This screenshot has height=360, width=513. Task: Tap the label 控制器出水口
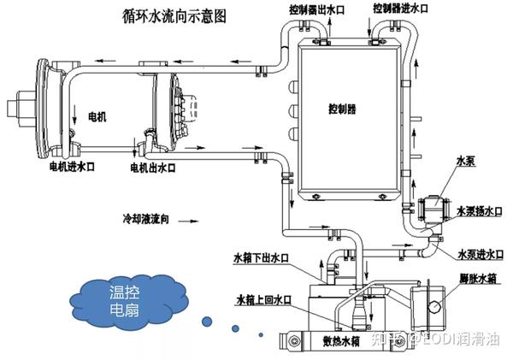[315, 9]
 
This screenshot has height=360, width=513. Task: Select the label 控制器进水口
[403, 9]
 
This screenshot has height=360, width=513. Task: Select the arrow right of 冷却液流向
[205, 221]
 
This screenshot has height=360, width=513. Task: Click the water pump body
[435, 207]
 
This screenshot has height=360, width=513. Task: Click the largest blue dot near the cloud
[205, 322]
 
